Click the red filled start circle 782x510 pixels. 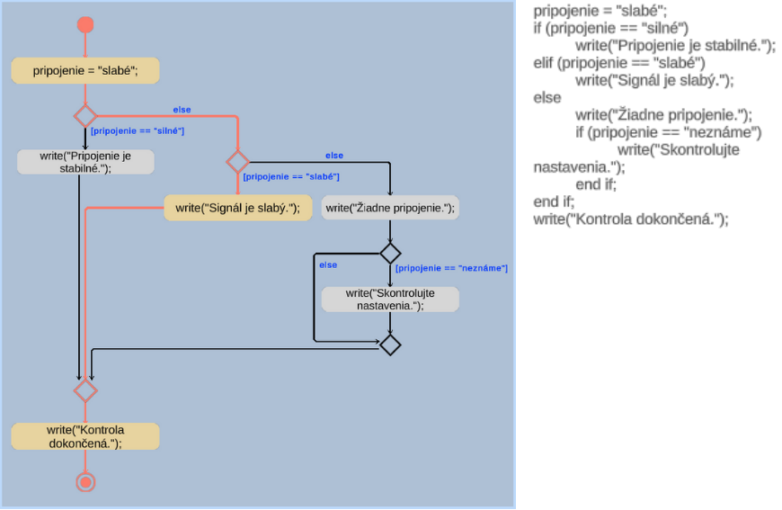[x=85, y=24]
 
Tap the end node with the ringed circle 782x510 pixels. [x=85, y=483]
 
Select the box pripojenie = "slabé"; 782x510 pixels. [x=85, y=70]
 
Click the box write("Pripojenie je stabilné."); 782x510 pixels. [x=85, y=162]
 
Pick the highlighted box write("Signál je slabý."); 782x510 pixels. [x=237, y=208]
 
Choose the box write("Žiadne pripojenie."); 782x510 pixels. [x=390, y=208]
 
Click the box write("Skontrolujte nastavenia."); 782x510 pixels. [x=390, y=300]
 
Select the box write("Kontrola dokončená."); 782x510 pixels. [x=85, y=436]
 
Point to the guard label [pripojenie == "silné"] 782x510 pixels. [x=138, y=131]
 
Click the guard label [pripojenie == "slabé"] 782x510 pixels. [x=291, y=176]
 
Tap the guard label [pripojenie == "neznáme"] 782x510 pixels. [x=452, y=268]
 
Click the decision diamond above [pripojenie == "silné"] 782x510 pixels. [x=85, y=116]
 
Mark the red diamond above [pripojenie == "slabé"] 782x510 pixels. [x=237, y=162]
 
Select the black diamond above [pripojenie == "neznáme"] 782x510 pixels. [x=390, y=253]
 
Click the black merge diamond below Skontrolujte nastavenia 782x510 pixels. [x=390, y=344]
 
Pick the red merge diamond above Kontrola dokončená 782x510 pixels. [x=85, y=390]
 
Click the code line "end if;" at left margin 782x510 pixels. [x=554, y=201]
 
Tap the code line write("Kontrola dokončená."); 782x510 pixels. [x=630, y=219]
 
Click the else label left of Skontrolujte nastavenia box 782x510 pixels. [x=328, y=265]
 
